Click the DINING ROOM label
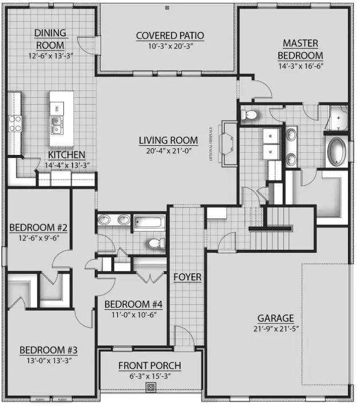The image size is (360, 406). click(50, 39)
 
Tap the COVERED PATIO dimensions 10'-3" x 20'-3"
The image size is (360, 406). click(170, 47)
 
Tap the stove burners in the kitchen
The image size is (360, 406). click(14, 124)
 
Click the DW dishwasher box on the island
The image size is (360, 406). click(57, 108)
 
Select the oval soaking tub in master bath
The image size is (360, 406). click(337, 151)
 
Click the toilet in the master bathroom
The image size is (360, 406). click(249, 115)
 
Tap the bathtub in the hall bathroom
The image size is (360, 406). click(149, 222)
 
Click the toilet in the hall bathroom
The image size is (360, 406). click(155, 244)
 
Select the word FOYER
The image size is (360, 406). click(187, 277)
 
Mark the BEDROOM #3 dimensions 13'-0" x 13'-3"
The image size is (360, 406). click(48, 360)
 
